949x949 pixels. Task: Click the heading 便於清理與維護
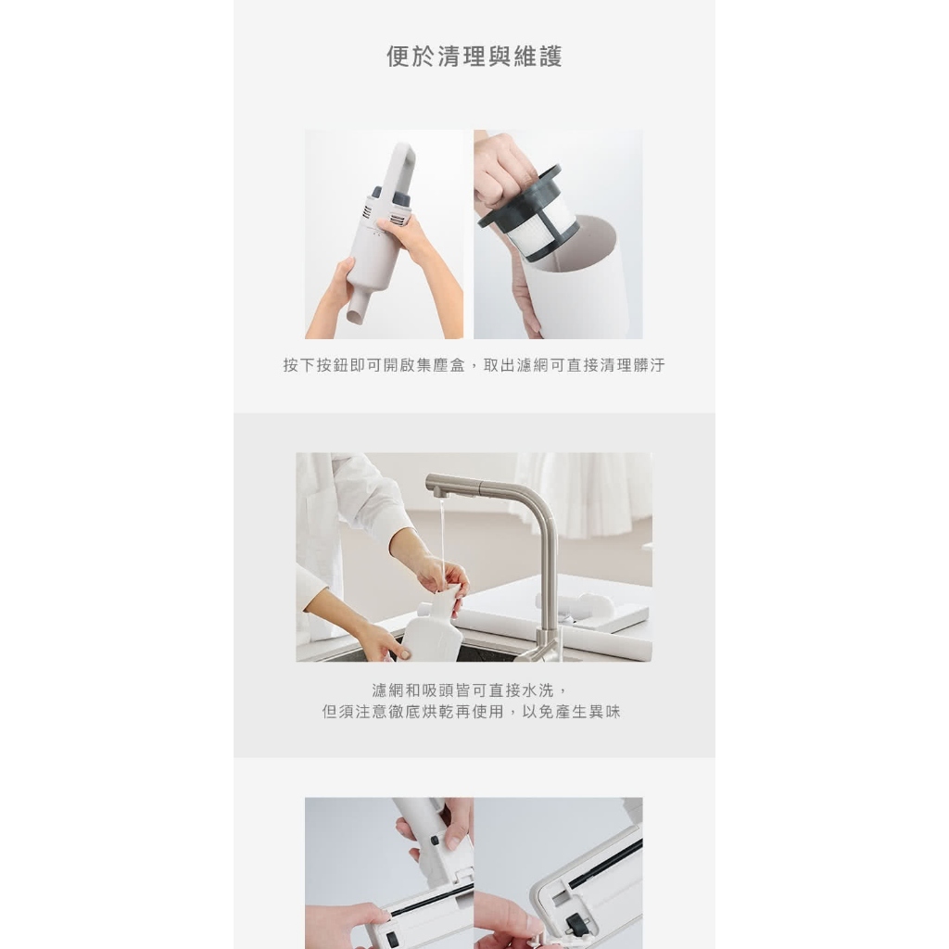tap(474, 57)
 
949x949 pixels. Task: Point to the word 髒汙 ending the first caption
tap(649, 365)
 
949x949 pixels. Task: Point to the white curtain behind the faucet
tap(581, 493)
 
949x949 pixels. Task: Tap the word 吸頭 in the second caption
tap(437, 690)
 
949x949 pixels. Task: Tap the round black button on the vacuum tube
tap(435, 841)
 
